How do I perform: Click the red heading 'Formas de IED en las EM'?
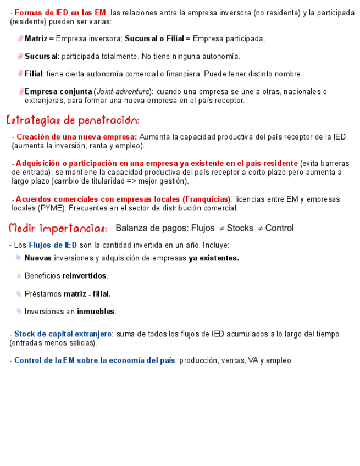pyautogui.click(x=60, y=13)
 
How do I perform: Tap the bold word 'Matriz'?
pyautogui.click(x=36, y=39)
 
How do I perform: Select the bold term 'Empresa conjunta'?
pyautogui.click(x=58, y=92)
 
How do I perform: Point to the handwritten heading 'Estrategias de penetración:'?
pyautogui.click(x=73, y=120)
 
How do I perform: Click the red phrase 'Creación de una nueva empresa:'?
pyautogui.click(x=77, y=137)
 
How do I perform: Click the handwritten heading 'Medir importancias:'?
pyautogui.click(x=58, y=228)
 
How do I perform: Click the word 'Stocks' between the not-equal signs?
pyautogui.click(x=240, y=228)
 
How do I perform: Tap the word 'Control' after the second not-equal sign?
pyautogui.click(x=279, y=228)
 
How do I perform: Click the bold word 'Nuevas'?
pyautogui.click(x=38, y=258)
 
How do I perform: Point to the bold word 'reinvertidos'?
pyautogui.click(x=85, y=276)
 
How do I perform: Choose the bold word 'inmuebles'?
pyautogui.click(x=96, y=312)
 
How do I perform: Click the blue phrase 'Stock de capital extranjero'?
pyautogui.click(x=63, y=334)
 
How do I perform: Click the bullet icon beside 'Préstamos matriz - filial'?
pyautogui.click(x=19, y=294)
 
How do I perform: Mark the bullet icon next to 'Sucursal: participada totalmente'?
pyautogui.click(x=20, y=57)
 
